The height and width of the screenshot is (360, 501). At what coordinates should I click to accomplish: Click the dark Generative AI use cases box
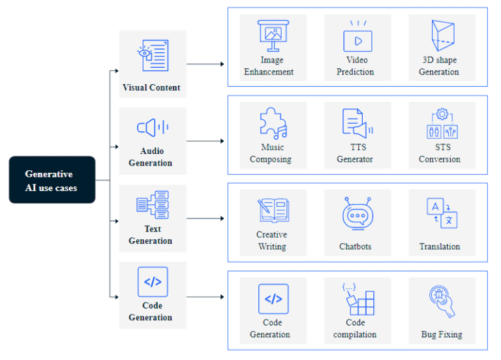click(52, 180)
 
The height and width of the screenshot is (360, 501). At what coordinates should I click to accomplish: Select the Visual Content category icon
click(152, 55)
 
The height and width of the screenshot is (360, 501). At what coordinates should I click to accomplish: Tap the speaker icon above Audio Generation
click(153, 127)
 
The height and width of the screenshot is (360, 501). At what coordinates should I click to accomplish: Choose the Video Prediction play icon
click(357, 38)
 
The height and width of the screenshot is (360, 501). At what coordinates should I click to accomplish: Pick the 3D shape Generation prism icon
click(441, 36)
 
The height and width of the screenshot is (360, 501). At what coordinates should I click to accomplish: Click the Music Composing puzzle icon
click(272, 123)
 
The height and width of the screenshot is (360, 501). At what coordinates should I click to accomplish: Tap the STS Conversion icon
click(441, 123)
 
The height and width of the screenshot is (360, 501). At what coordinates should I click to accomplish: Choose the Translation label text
click(440, 247)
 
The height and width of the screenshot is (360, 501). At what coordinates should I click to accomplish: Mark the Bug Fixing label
click(442, 335)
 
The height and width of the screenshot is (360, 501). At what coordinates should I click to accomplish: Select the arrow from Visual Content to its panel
click(205, 65)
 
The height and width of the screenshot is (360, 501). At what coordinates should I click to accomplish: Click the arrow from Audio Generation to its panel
click(205, 141)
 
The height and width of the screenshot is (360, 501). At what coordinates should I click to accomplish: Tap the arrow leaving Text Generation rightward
click(205, 218)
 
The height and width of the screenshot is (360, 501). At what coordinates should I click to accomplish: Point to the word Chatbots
click(356, 247)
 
